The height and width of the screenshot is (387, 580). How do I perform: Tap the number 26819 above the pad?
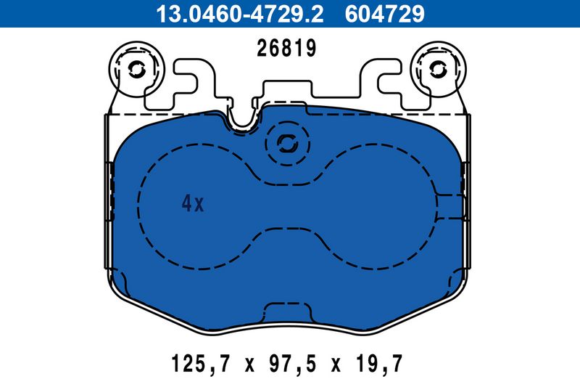coord(287,49)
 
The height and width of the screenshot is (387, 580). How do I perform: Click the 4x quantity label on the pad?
coord(193,204)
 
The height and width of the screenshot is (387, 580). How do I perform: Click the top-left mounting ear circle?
coord(136,68)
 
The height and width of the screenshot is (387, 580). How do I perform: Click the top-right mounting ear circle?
coord(438,68)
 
